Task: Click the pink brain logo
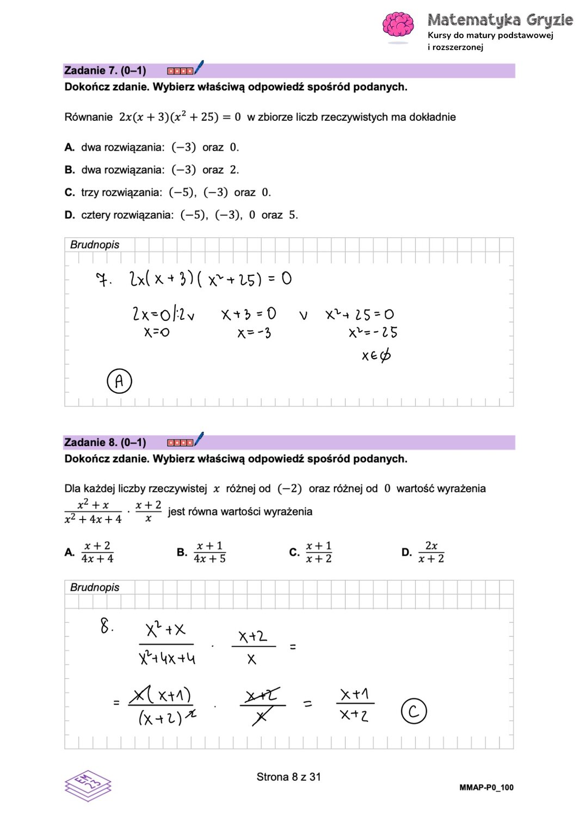[x=398, y=25]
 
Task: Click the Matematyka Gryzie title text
[x=500, y=20]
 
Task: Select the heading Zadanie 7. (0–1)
[x=105, y=71]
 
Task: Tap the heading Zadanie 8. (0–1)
[x=105, y=442]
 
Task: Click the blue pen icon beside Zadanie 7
[x=199, y=67]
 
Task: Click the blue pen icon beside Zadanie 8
[x=199, y=439]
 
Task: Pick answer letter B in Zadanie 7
[x=70, y=170]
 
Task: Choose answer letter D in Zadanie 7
[x=70, y=215]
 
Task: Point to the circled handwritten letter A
[x=119, y=381]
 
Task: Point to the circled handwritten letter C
[x=414, y=711]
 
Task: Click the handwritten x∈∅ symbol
[x=376, y=356]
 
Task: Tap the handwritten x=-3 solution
[x=254, y=333]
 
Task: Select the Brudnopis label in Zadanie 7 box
[x=95, y=245]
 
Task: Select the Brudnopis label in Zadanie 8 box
[x=95, y=588]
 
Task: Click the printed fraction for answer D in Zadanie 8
[x=431, y=552]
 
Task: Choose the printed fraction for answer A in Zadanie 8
[x=97, y=552]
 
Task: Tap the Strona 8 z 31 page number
[x=288, y=777]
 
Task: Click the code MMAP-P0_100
[x=486, y=787]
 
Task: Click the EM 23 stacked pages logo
[x=88, y=786]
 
